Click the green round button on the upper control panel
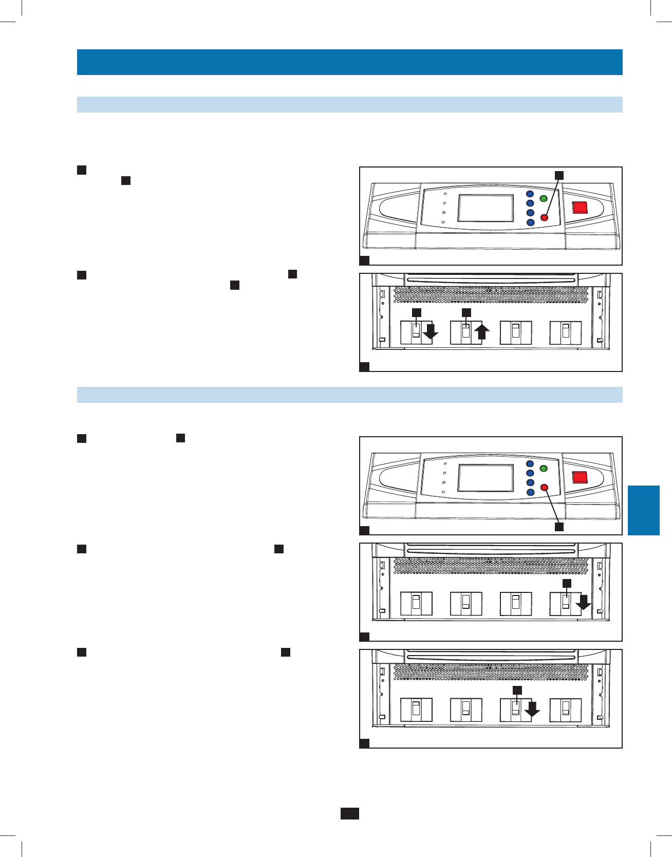pyautogui.click(x=543, y=198)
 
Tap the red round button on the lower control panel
pyautogui.click(x=545, y=488)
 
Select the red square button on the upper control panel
pyautogui.click(x=580, y=207)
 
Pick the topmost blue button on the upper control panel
pyautogui.click(x=530, y=194)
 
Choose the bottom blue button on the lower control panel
pyautogui.click(x=530, y=492)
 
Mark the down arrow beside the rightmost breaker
pyautogui.click(x=583, y=602)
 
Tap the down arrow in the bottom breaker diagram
pyautogui.click(x=532, y=709)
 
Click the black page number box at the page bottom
pyautogui.click(x=349, y=813)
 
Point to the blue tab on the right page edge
pyautogui.click(x=643, y=510)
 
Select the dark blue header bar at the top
pyautogui.click(x=349, y=62)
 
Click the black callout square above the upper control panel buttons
pyautogui.click(x=559, y=175)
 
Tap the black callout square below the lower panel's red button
pyautogui.click(x=559, y=527)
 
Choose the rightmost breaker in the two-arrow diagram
pyautogui.click(x=565, y=332)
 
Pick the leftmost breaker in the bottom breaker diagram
pyautogui.click(x=416, y=710)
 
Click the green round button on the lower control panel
pyautogui.click(x=543, y=469)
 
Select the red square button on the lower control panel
pyautogui.click(x=580, y=477)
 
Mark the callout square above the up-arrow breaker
pyautogui.click(x=466, y=312)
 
